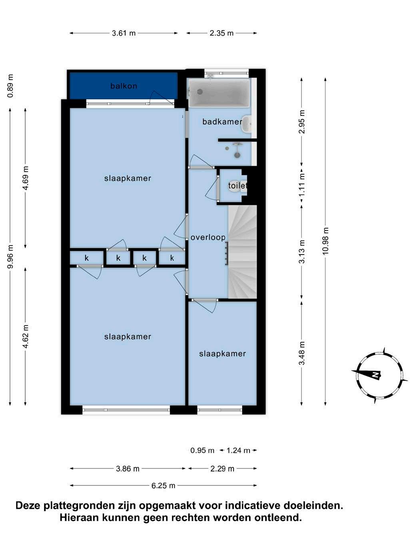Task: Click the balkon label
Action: (124, 86)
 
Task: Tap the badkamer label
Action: (222, 122)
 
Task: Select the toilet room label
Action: (237, 186)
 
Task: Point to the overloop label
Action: (208, 237)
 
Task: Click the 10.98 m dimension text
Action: (326, 241)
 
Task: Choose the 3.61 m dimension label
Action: (124, 33)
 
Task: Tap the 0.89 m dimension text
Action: (10, 86)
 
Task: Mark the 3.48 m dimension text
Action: (302, 353)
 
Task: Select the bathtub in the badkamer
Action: (219, 92)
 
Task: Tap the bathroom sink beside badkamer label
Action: (246, 124)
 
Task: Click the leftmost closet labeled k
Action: (86, 258)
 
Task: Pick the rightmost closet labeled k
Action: (172, 258)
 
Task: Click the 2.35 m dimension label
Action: (222, 33)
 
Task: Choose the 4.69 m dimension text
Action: (26, 178)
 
